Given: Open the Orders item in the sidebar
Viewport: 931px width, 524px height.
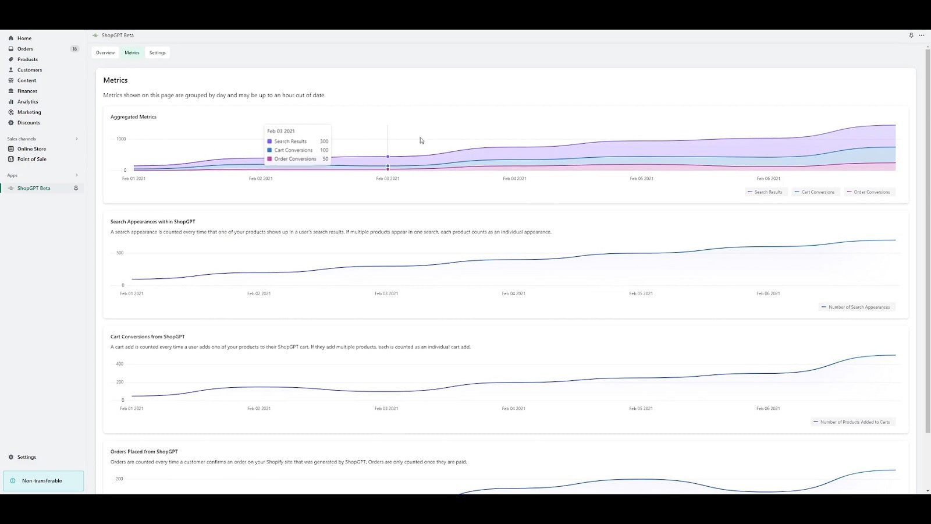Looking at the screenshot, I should coord(25,49).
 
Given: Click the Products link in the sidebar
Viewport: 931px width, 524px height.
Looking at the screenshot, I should coord(27,59).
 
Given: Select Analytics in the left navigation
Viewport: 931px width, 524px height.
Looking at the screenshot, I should coord(27,101).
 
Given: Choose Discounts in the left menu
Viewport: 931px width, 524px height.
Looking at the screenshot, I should coord(29,123).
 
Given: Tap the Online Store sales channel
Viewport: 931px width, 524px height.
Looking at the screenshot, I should coord(31,149).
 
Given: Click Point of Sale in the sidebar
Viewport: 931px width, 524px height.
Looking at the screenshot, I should coord(31,159).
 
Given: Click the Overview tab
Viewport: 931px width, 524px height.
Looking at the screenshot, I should coord(105,53).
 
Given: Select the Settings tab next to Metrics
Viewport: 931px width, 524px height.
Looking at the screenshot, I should coord(157,53).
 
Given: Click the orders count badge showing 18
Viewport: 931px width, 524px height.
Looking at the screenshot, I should coord(74,49).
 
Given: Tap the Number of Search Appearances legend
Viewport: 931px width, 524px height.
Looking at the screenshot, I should coord(858,307).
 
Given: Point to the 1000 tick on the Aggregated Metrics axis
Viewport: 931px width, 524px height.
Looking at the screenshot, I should coord(121,139).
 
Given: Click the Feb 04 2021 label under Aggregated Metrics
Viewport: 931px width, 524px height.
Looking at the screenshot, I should coord(514,179).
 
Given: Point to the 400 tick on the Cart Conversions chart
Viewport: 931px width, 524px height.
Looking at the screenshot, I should coord(120,364).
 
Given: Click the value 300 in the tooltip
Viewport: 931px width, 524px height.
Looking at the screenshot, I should coord(324,141).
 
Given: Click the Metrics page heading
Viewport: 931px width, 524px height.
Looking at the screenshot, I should coord(115,80).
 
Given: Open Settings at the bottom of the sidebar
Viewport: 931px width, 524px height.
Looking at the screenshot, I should coord(26,457).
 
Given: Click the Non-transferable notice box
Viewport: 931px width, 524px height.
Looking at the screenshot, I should coord(44,481).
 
